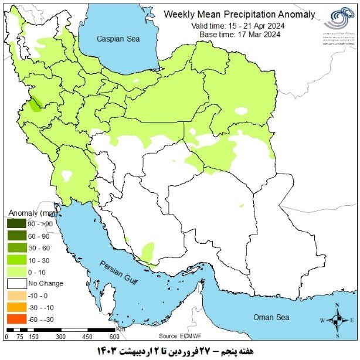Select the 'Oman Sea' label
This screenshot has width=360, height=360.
pos(271,317)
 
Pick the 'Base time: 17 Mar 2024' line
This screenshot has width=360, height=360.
pos(239,35)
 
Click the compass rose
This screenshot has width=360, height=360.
pos(337,320)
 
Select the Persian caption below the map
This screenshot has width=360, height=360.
pos(179,351)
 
